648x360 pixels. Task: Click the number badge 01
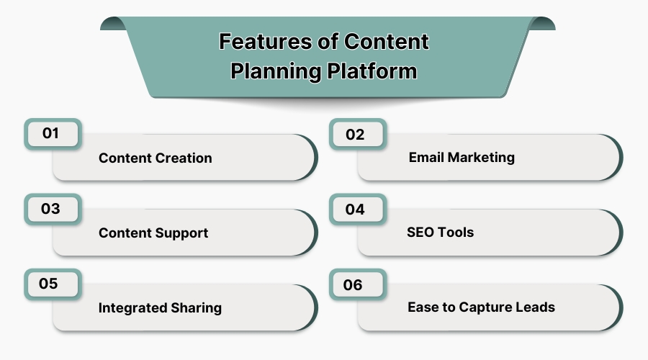point(51,134)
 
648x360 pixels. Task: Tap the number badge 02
point(356,135)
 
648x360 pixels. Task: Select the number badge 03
point(51,210)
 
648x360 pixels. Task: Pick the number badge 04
point(356,210)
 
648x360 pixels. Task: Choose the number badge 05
point(50,284)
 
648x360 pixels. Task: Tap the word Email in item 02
point(426,157)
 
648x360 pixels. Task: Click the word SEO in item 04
point(421,232)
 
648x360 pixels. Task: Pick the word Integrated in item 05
point(130,307)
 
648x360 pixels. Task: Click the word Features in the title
point(264,42)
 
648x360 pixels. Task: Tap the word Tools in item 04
point(457,232)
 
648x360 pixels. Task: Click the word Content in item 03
point(125,233)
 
